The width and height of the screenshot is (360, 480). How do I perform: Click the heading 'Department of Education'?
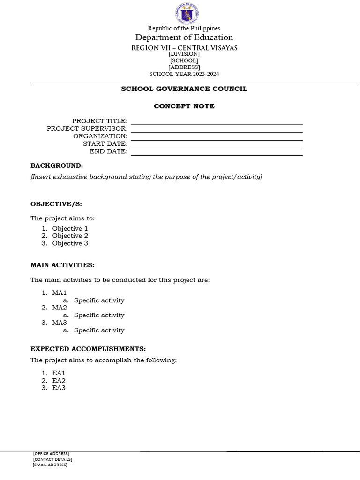click(x=184, y=37)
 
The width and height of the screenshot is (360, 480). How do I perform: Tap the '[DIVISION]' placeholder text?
click(x=184, y=54)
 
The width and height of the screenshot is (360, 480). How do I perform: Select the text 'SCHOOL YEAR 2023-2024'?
click(x=184, y=74)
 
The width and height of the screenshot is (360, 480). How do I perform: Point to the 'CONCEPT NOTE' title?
click(x=184, y=106)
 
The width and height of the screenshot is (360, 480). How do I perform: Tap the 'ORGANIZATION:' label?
click(x=100, y=136)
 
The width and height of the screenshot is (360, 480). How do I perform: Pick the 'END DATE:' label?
click(x=109, y=151)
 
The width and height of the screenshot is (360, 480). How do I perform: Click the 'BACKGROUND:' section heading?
click(x=57, y=165)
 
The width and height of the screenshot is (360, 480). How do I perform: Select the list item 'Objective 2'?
click(x=70, y=236)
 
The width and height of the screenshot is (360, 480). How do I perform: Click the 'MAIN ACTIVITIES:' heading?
click(x=62, y=265)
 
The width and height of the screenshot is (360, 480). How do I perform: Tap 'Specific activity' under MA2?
click(x=99, y=315)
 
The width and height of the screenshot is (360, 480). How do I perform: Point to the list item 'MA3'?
click(x=60, y=322)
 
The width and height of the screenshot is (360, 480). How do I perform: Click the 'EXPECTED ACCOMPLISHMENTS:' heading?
click(x=88, y=349)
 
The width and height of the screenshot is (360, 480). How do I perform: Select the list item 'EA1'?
click(x=59, y=373)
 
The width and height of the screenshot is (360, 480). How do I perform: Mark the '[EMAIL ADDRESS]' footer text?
click(x=50, y=465)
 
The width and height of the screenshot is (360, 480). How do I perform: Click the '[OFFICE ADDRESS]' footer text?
click(x=51, y=453)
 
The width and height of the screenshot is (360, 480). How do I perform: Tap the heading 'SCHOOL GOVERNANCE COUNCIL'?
click(x=184, y=89)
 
